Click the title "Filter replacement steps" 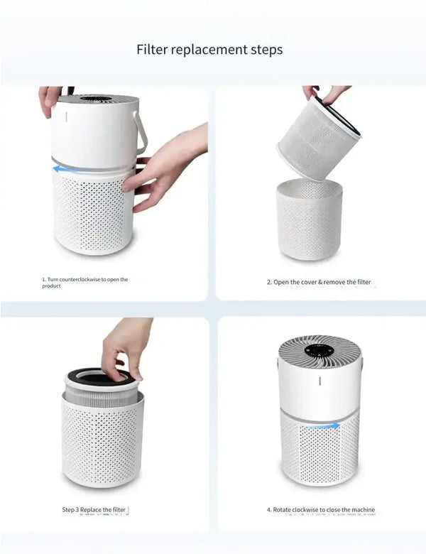(209, 50)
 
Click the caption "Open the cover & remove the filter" (319, 282)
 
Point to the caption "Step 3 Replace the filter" (94, 510)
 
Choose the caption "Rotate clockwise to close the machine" (321, 510)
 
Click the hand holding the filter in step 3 (125, 348)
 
